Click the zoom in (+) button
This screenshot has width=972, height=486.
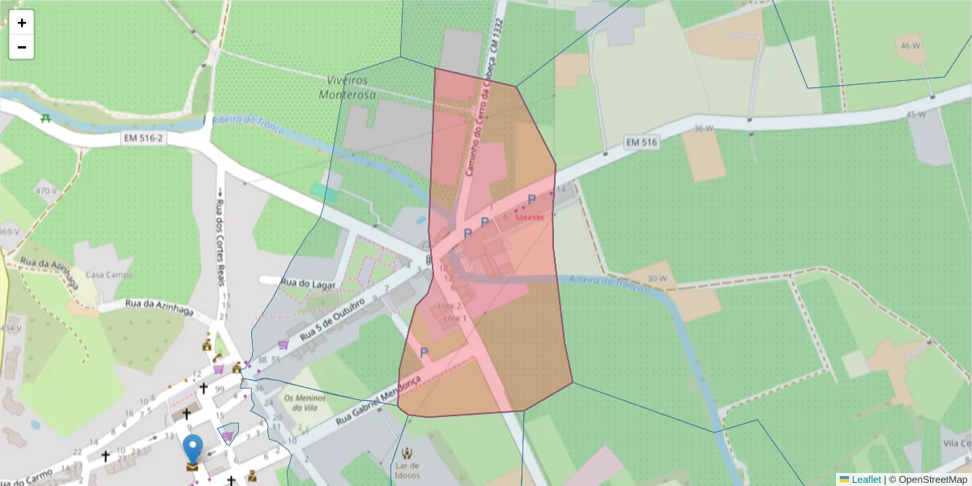coord(22,23)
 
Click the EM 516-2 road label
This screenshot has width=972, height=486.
coord(143,139)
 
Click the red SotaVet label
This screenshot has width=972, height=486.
coord(529,217)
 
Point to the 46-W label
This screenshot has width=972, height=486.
coord(910,46)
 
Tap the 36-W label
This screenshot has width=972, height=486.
coord(704,128)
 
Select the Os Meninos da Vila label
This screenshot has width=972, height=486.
coord(305,403)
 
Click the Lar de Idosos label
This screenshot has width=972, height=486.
coord(407,470)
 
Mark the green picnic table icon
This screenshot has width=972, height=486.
coord(46,118)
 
